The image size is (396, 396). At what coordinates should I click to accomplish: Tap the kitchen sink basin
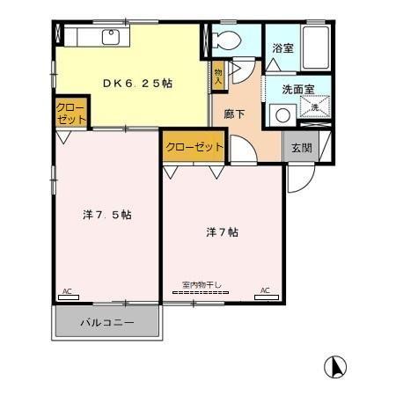111,37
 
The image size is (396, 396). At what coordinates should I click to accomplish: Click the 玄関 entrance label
301,148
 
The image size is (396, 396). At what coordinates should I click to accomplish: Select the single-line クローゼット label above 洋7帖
194,147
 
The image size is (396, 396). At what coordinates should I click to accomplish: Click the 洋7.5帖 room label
107,215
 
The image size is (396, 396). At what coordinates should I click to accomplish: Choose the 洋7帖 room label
223,232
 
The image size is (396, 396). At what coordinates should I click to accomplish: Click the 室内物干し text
202,283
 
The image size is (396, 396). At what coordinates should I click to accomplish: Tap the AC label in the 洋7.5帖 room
66,290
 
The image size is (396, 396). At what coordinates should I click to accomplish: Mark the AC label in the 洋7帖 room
265,290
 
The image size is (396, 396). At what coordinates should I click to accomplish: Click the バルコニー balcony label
107,323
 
